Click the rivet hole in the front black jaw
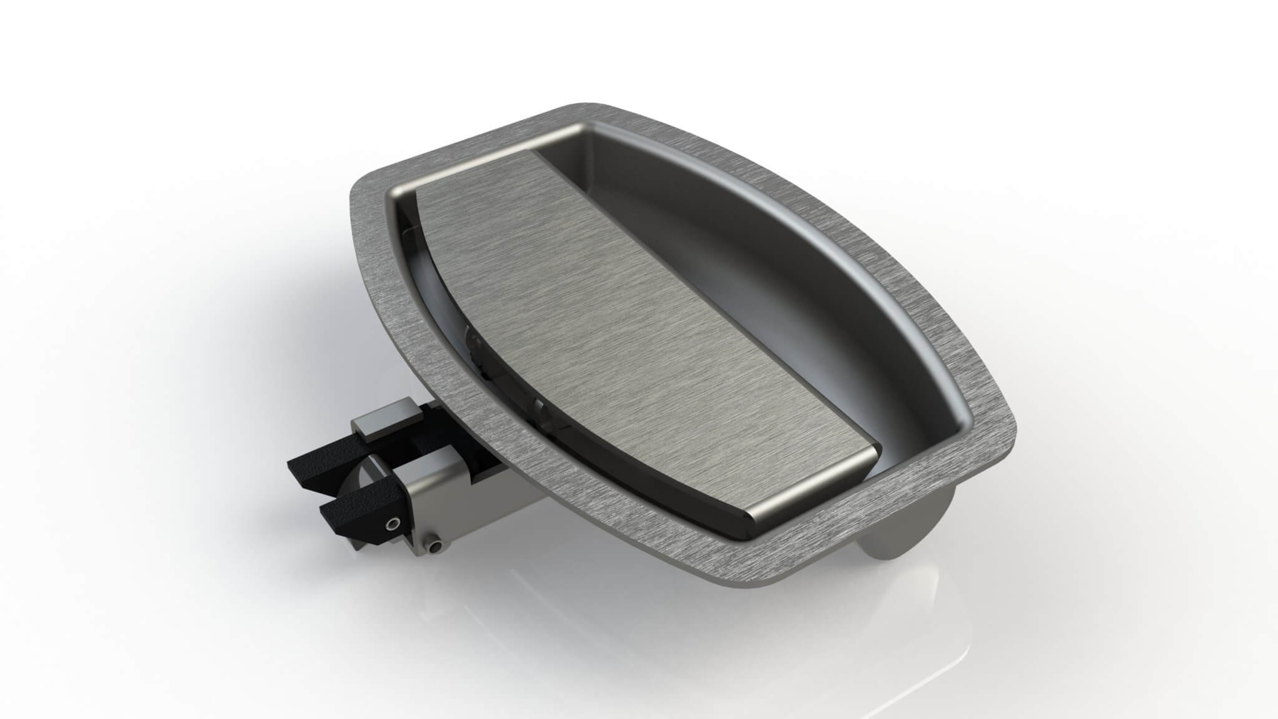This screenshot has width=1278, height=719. [393, 522]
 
